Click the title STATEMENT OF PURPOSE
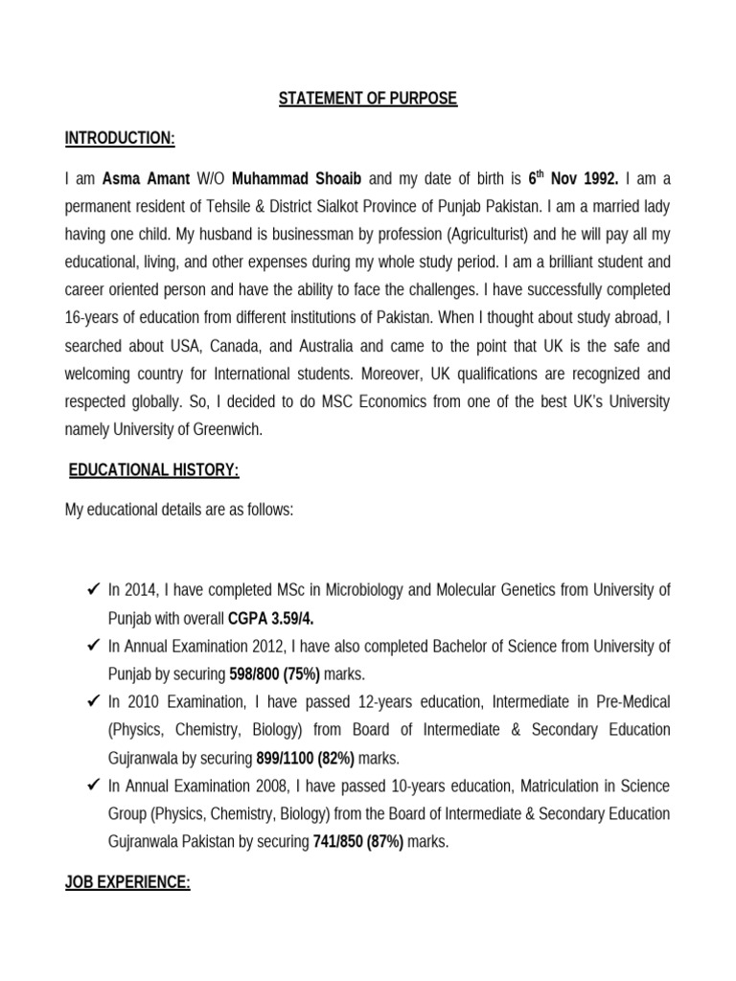coord(368,100)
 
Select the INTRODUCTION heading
coord(120,140)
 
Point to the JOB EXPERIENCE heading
coord(127,883)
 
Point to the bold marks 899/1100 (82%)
coord(305,759)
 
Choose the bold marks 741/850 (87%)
coord(358,843)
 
